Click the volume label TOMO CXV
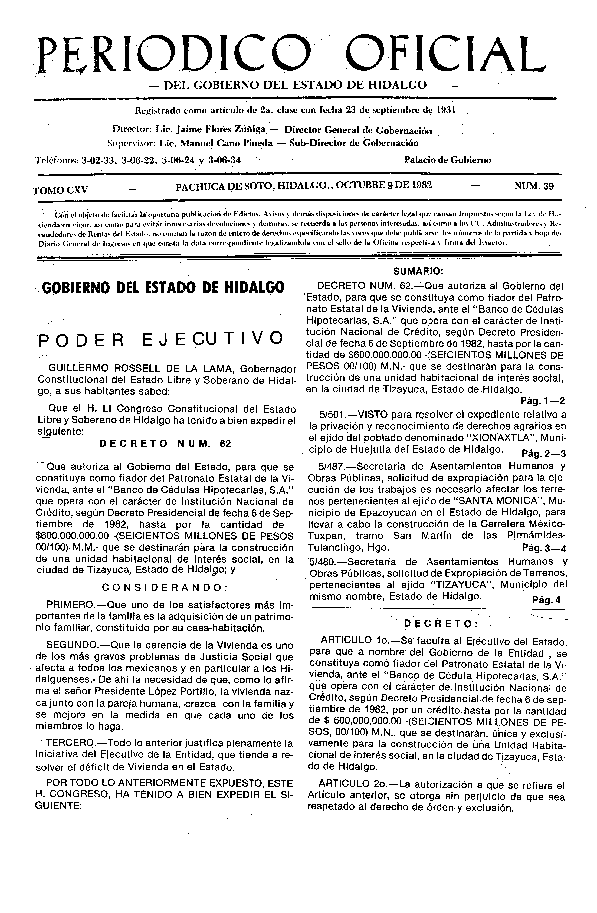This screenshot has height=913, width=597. coord(61,190)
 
